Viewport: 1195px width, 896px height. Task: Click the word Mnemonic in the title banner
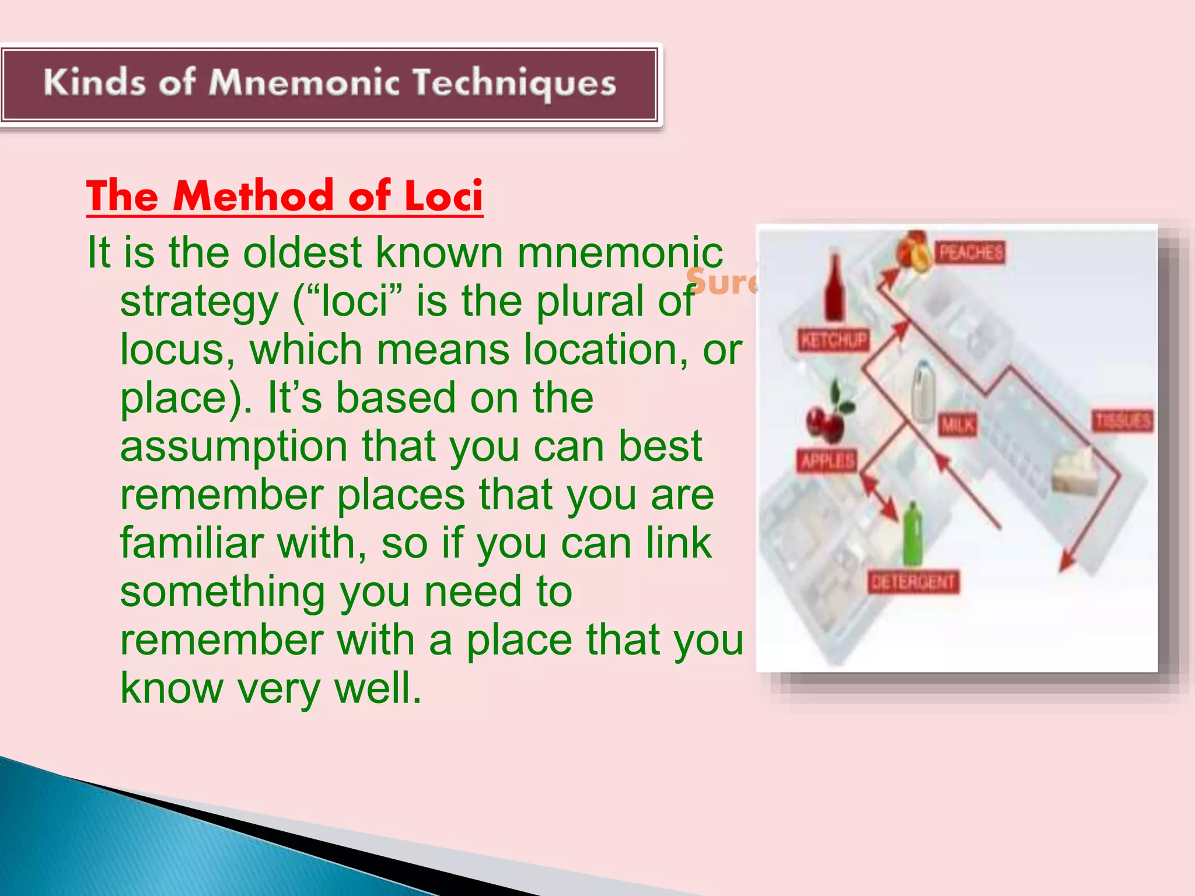(x=304, y=83)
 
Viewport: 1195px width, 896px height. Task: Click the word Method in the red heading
(x=253, y=196)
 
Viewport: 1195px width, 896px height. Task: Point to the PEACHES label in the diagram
(x=971, y=253)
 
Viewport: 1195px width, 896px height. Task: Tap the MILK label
(x=957, y=425)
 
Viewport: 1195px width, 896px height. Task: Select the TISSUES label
(x=1123, y=421)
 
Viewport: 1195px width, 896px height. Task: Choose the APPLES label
(x=827, y=461)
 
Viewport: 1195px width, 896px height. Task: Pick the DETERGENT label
(x=913, y=582)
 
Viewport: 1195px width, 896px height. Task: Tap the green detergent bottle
(x=913, y=534)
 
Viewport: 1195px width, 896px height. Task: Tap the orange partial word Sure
(x=721, y=282)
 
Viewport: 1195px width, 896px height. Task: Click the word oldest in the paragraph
(x=303, y=253)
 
